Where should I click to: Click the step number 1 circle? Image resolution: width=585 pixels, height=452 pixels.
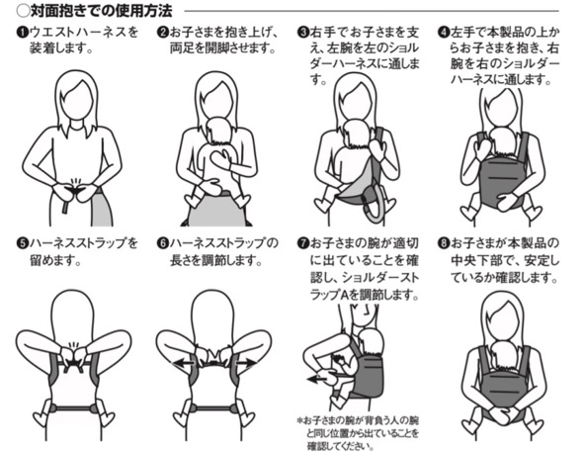pos(23,33)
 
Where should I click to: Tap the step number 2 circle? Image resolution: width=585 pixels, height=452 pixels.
pos(163,33)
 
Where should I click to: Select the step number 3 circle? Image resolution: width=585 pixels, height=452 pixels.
pos(303,33)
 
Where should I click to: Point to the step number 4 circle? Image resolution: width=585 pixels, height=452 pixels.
pos(444,33)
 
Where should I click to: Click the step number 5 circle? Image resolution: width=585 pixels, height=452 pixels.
pos(23,243)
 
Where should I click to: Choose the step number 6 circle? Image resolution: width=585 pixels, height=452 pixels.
pos(163,243)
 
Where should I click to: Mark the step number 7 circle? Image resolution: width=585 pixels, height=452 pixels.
pos(303,243)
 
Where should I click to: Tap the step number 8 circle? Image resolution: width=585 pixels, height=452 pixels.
pos(444,243)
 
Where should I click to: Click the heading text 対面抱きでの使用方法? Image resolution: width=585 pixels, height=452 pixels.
pos(101,11)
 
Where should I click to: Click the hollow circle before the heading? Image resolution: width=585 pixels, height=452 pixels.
pos(23,11)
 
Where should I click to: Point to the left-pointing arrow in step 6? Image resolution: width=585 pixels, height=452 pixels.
pos(183,362)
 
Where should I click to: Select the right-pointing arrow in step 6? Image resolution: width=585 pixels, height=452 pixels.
pos(245,362)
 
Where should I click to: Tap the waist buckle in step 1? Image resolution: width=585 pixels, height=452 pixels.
pos(76,190)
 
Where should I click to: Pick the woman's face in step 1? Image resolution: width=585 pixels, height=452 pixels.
pos(77,100)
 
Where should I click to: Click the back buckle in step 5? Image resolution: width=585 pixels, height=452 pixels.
pos(75,362)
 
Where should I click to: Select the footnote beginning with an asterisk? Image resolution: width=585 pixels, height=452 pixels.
pos(359,432)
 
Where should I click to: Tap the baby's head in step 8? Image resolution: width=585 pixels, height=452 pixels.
pos(504,356)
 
